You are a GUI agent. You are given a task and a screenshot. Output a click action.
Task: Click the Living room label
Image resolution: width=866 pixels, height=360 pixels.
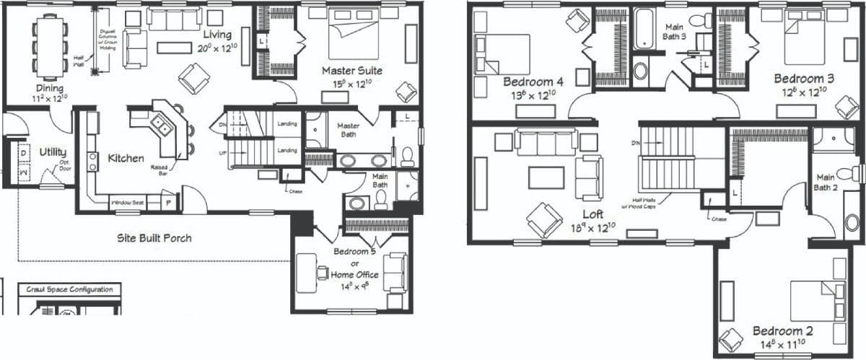click(x=216, y=35)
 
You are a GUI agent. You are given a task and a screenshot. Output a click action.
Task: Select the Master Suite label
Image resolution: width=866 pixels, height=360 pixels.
click(x=351, y=71)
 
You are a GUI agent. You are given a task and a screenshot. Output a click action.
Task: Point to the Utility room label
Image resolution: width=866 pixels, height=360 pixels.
click(x=53, y=152)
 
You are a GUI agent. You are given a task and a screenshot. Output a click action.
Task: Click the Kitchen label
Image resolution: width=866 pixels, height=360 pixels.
click(x=126, y=158)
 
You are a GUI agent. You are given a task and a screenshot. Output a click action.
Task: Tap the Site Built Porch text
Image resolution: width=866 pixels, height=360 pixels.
click(x=154, y=237)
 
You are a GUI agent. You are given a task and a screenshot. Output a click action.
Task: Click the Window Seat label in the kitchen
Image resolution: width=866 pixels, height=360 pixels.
click(x=127, y=203)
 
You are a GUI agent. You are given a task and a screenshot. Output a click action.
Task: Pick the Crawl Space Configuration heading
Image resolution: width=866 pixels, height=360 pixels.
click(x=69, y=289)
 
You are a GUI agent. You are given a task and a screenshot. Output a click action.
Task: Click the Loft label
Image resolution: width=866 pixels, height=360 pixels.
click(x=593, y=214)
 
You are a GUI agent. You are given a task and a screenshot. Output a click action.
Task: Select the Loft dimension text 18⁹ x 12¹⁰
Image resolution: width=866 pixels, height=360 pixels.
click(x=592, y=228)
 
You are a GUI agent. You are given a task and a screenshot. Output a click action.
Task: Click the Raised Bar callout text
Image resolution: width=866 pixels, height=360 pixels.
click(x=159, y=170)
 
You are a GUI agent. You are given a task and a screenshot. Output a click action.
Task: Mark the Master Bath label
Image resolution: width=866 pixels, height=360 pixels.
click(x=349, y=130)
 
